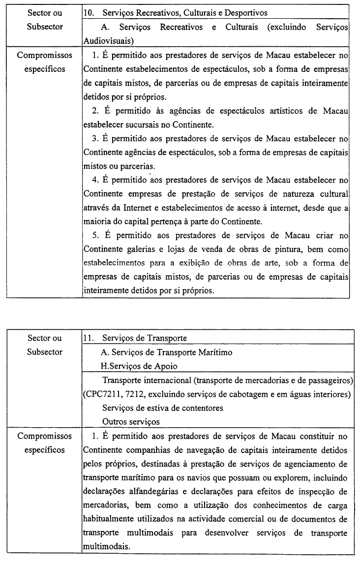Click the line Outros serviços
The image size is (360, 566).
131,422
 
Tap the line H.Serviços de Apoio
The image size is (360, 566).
139,366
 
